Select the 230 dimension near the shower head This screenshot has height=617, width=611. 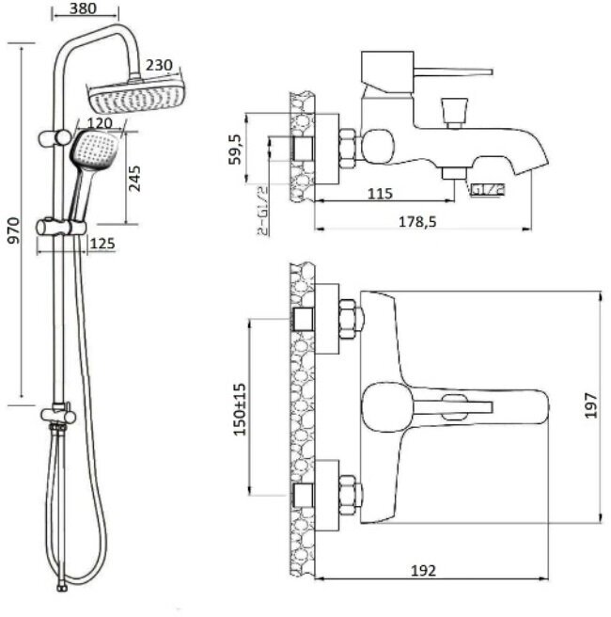coord(160,66)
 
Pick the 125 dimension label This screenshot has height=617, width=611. coord(103,245)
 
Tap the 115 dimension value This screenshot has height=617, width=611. coord(379,194)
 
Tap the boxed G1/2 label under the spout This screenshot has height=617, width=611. coord(490,189)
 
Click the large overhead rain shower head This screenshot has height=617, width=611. coord(132,94)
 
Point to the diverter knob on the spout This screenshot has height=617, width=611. coord(457,112)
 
